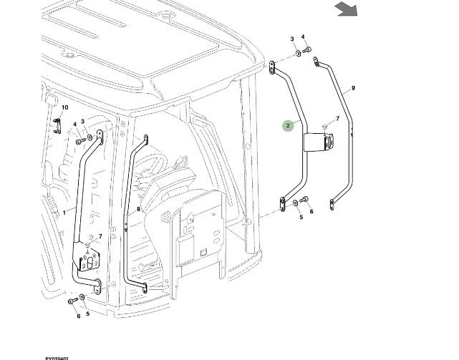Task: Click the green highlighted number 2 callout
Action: click(288, 125)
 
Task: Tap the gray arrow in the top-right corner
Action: click(347, 9)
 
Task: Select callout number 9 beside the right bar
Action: click(353, 89)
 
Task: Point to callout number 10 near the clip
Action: click(64, 108)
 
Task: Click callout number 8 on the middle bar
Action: click(138, 209)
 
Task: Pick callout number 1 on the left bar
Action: click(64, 212)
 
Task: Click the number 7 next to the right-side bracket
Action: click(337, 118)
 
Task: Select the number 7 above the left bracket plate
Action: click(100, 236)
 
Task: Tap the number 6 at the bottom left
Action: click(78, 316)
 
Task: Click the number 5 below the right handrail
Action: click(301, 216)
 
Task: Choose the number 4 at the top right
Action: click(303, 37)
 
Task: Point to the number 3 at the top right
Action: click(291, 39)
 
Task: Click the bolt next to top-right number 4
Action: click(308, 49)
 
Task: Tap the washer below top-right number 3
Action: click(296, 54)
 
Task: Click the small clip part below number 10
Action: click(56, 125)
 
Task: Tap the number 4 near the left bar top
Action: click(74, 125)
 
